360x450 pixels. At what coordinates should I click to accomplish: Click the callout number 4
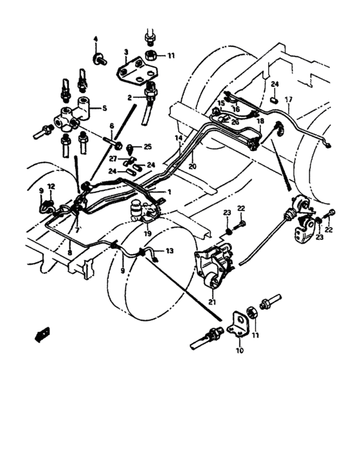96,40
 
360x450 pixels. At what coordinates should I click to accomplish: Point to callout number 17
289,99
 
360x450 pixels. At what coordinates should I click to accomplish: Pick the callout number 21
212,300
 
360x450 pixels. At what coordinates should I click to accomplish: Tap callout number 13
170,251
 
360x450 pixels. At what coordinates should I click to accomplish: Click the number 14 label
178,138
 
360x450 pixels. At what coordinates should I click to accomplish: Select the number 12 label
52,187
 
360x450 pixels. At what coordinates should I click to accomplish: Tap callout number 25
148,147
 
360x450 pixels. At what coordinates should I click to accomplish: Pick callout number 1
169,192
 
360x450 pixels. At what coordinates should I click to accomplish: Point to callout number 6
111,126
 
